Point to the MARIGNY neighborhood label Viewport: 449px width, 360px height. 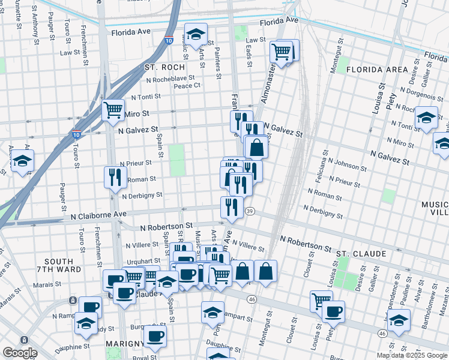123,343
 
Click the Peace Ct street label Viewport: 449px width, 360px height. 187,86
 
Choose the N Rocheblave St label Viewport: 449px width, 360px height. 170,78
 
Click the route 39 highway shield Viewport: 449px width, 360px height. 250,211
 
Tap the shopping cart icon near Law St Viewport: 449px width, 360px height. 281,52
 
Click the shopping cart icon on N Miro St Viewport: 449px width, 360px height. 113,110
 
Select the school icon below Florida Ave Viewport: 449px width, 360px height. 195,34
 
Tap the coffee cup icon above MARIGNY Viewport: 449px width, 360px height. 155,335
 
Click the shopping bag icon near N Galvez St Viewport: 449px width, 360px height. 256,146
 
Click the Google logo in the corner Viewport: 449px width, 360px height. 19,353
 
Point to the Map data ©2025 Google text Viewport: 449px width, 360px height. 412,355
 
